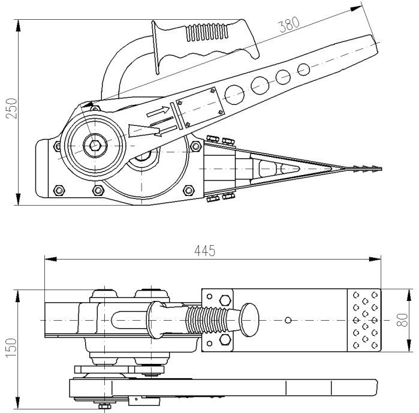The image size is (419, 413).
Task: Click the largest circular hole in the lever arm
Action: [234, 94]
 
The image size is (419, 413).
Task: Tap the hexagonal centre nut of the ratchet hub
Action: [94, 144]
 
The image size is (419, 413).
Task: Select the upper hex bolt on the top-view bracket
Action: [224, 300]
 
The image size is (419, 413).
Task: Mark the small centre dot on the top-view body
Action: [288, 320]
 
